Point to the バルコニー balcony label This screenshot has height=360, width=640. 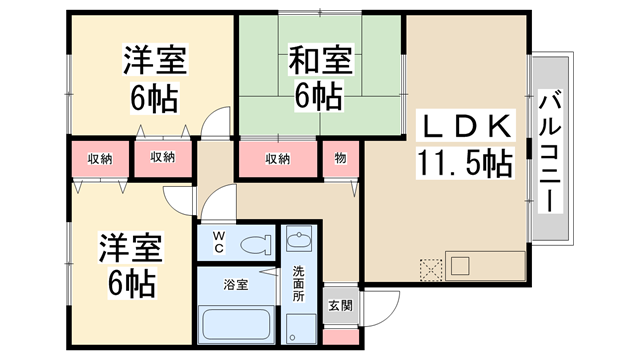(x=549, y=150)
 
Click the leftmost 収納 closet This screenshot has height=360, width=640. (x=99, y=159)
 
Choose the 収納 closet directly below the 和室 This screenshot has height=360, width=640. (x=278, y=159)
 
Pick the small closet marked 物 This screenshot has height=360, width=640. (x=340, y=158)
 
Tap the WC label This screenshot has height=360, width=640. (x=218, y=243)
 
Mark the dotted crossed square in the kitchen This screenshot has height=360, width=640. (x=432, y=269)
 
